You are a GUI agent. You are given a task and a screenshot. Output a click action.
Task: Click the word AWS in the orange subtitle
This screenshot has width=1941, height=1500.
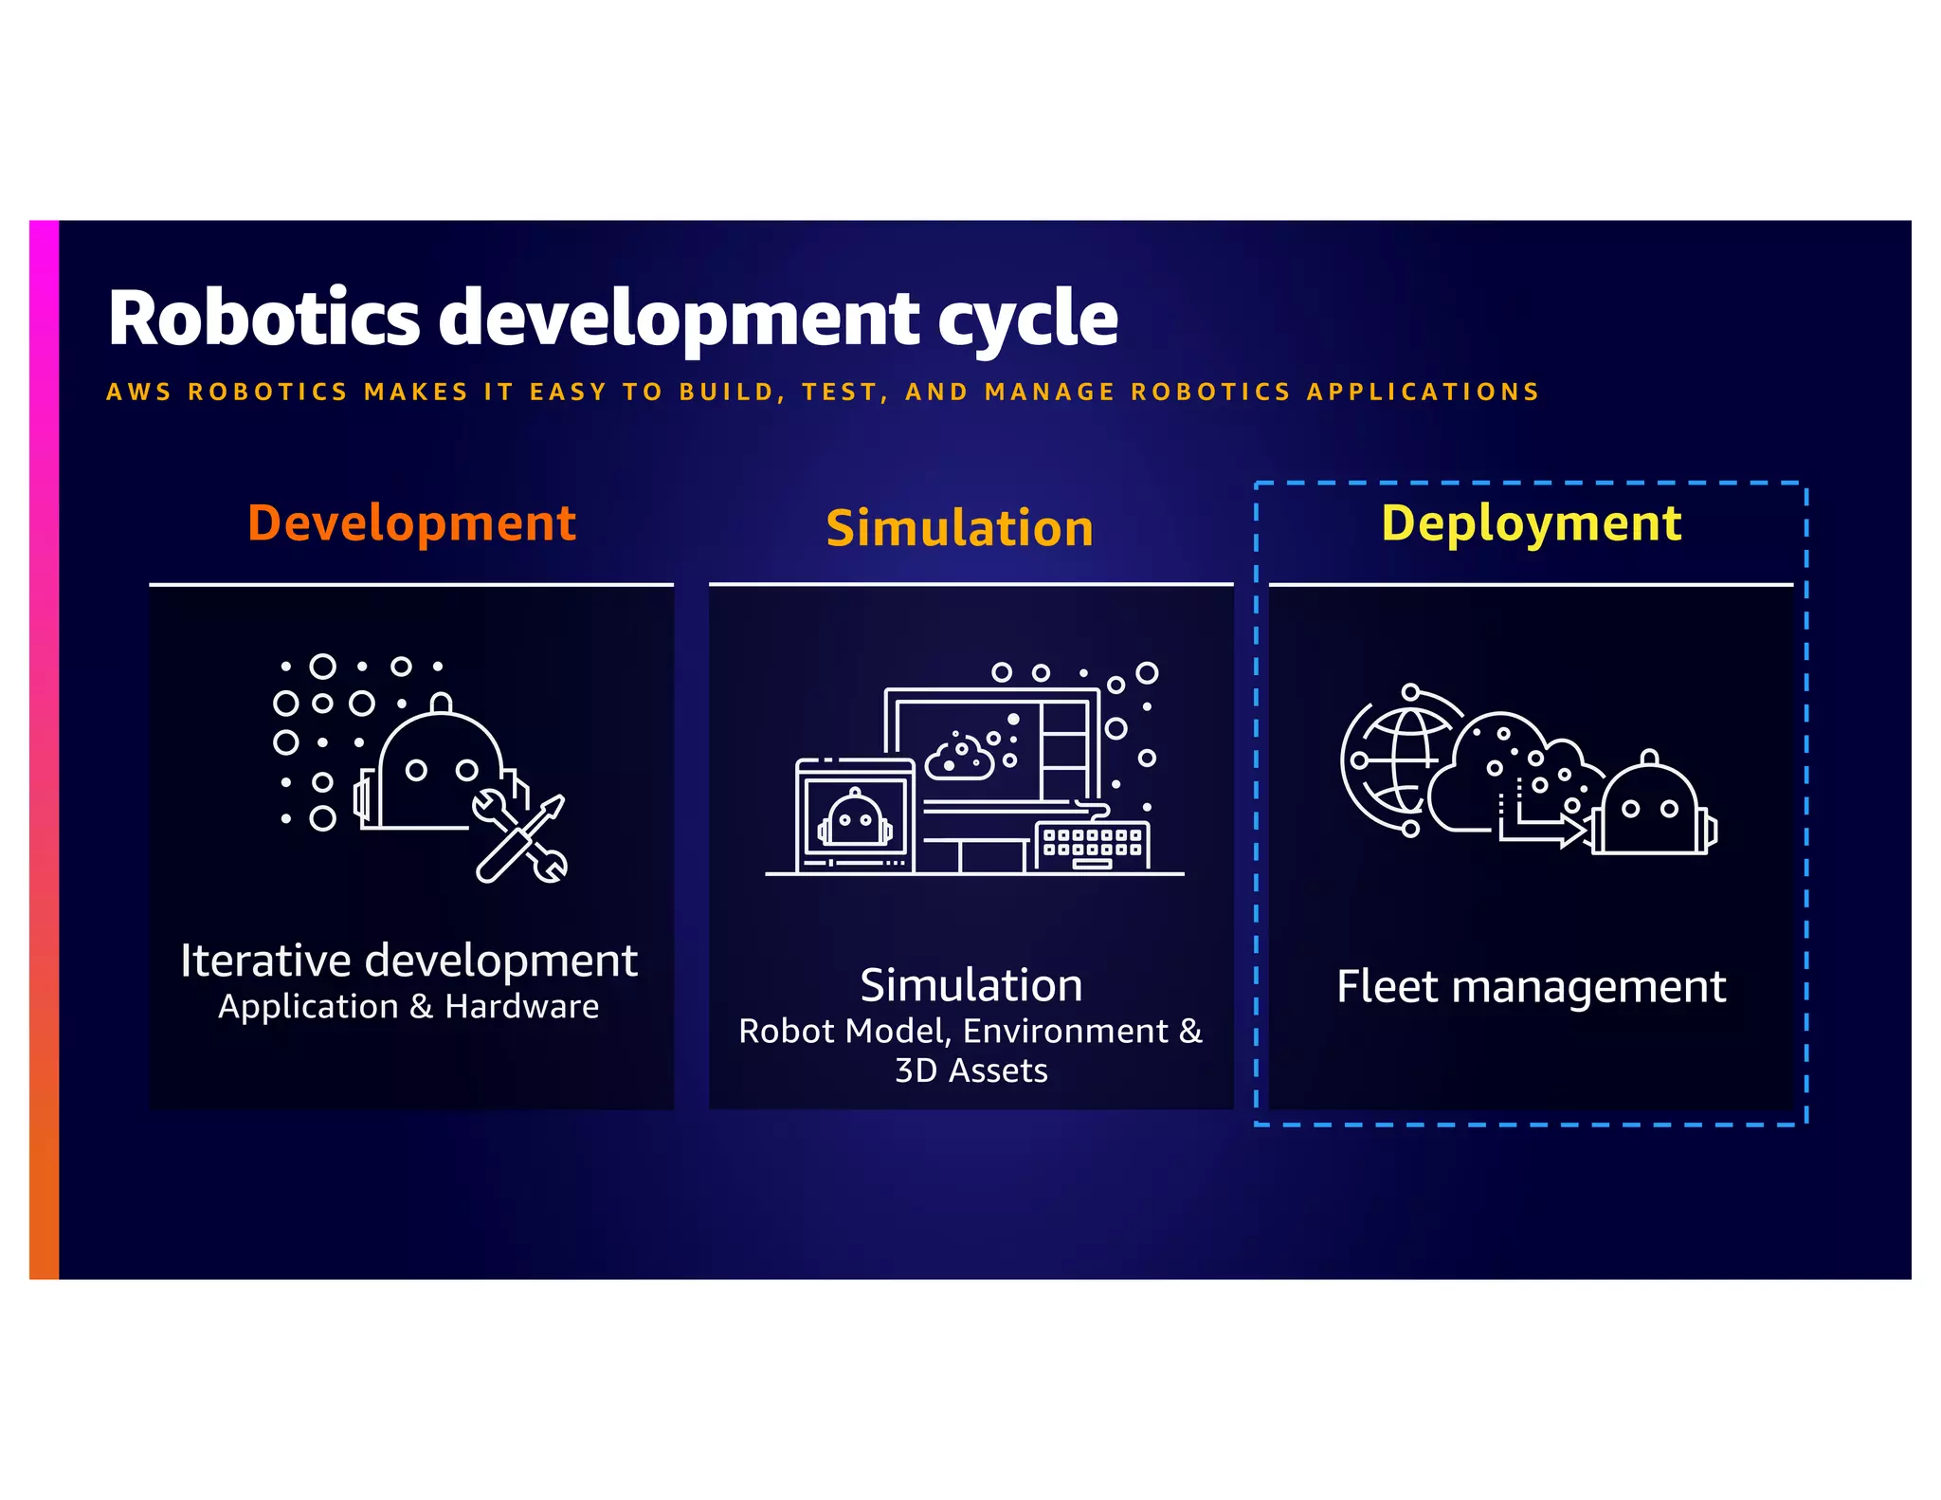138,392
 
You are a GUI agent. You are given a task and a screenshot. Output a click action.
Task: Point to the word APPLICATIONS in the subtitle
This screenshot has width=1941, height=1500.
1424,392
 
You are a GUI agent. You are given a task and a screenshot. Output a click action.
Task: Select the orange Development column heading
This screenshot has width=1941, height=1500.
411,523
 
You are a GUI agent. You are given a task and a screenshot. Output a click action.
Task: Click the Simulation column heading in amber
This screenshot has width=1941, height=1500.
959,528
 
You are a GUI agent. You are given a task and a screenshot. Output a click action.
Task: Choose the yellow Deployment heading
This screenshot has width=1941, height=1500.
1531,523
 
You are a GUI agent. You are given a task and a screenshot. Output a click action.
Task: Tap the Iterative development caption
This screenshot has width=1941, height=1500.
409,960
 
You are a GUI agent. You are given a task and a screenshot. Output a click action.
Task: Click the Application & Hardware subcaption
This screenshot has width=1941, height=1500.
408,1006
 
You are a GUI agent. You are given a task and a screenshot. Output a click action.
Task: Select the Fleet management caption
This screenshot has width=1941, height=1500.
1531,986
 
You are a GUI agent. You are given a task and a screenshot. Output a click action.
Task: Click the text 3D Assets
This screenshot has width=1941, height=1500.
971,1070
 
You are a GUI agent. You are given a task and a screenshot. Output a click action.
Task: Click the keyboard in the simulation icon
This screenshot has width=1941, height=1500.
1092,844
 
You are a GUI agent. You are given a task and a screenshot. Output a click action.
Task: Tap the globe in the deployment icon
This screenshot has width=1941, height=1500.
1398,760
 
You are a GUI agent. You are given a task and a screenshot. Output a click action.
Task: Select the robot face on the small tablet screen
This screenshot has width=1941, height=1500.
855,818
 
